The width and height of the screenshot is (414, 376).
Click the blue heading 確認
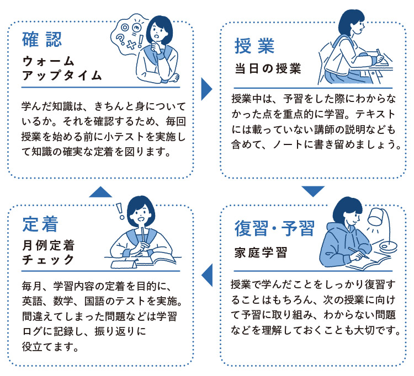coord(41,39)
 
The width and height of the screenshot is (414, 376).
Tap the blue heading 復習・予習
coord(274,228)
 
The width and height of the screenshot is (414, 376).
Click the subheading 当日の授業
coord(266,69)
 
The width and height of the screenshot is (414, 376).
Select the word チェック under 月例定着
coord(48,259)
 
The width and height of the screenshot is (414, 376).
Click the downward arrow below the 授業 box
coord(312,191)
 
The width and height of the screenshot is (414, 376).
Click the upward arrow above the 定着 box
coord(100,191)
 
